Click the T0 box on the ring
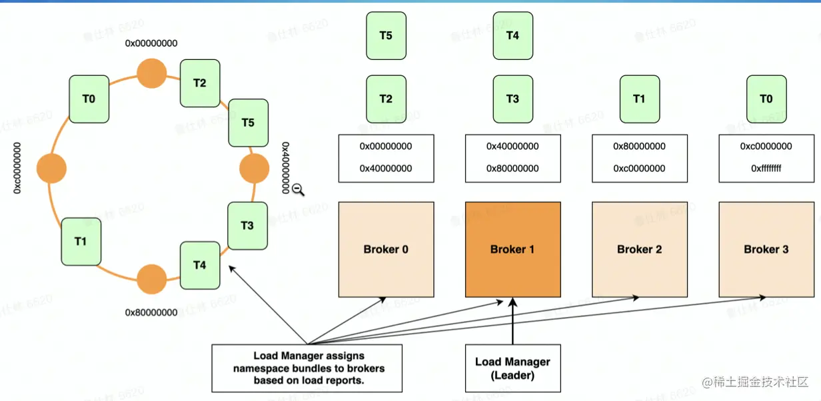89,99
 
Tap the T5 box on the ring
248,123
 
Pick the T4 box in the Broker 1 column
512,35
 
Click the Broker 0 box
386,249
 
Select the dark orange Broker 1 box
512,249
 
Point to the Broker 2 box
639,249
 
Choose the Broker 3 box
766,249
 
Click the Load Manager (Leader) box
512,368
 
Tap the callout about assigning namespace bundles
307,368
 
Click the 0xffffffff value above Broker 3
766,169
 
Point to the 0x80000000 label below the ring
151,312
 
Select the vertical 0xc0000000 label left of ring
18,168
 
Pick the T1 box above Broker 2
639,99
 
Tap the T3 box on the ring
247,225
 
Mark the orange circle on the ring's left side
52,168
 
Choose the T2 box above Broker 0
386,99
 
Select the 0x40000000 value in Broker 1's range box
512,147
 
